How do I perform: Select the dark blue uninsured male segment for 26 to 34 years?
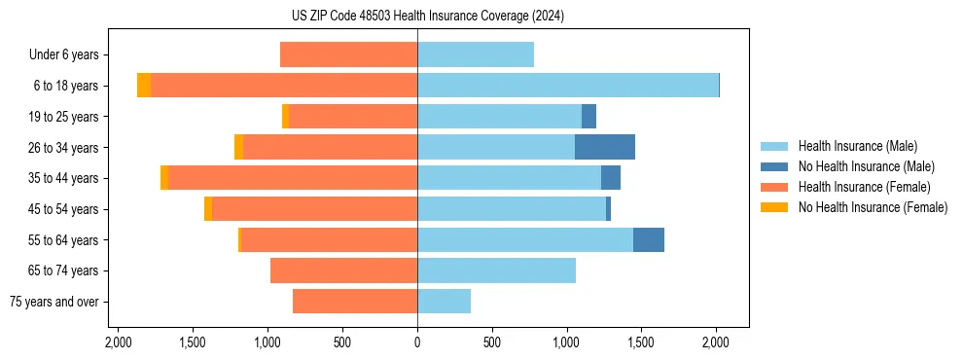(x=604, y=147)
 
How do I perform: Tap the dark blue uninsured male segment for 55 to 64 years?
(x=648, y=239)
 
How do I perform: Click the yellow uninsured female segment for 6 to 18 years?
(x=144, y=86)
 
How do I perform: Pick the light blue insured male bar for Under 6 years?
(x=476, y=54)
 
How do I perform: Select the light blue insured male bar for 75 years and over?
(x=444, y=302)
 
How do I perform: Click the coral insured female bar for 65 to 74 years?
(x=343, y=270)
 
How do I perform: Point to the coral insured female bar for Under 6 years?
(x=348, y=54)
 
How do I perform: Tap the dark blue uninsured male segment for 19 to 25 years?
(x=588, y=117)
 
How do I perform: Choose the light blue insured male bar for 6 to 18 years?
(x=567, y=86)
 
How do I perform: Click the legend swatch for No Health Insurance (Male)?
(x=774, y=166)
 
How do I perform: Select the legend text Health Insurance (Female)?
(x=864, y=187)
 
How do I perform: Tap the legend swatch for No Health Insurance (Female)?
(x=774, y=207)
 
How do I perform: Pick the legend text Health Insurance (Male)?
(x=857, y=146)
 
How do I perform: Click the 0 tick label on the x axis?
(x=417, y=342)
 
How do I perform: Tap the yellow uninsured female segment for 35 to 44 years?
(x=164, y=178)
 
